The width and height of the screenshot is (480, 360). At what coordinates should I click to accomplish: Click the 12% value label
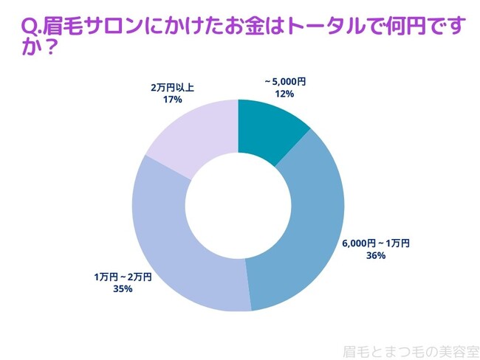tap(285, 94)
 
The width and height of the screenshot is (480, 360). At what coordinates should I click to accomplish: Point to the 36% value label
tap(375, 256)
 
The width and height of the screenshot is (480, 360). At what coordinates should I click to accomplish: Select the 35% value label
tap(123, 288)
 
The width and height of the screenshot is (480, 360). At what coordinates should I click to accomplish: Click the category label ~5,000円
tap(285, 83)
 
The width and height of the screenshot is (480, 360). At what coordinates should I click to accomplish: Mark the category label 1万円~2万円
tap(123, 277)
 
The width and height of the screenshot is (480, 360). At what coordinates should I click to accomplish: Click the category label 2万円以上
tap(172, 86)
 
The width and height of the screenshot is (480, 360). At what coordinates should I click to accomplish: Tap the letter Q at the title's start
tap(29, 28)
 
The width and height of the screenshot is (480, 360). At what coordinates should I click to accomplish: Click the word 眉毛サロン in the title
tap(87, 28)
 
